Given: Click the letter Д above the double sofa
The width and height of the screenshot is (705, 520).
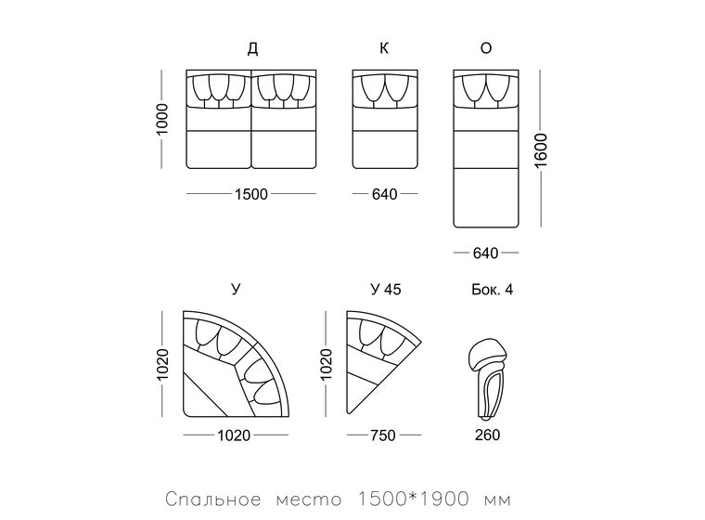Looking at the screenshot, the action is click(x=252, y=48).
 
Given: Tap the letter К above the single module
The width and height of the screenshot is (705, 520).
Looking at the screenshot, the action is click(x=384, y=47).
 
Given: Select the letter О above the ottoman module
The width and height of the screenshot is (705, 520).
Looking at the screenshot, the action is click(x=486, y=47).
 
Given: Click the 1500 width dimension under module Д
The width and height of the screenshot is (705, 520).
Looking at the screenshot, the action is click(x=251, y=194).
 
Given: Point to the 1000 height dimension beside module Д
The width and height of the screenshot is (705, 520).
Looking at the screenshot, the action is click(x=161, y=119).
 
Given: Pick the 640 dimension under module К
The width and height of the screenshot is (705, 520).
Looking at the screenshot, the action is click(x=385, y=194).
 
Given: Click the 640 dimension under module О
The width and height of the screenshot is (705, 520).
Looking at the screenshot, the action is click(x=485, y=253).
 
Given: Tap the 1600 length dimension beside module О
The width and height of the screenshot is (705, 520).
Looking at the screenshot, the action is click(x=541, y=149).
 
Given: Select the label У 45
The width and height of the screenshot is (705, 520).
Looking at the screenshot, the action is click(x=386, y=289).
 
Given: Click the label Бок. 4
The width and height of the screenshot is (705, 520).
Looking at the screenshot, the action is click(x=493, y=289).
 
